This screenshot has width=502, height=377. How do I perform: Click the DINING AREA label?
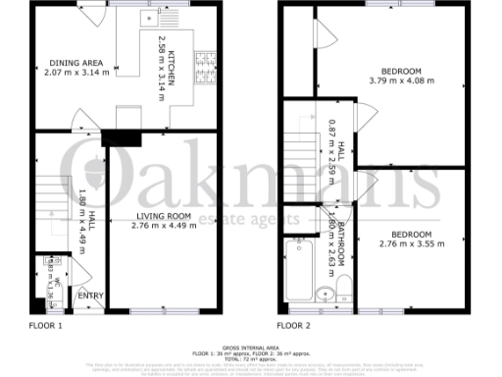coord(78,64)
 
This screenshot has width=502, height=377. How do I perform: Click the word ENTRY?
coord(90,296)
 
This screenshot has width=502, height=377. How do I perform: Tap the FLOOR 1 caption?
coord(46,325)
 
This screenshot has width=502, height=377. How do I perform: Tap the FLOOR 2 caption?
coord(293,325)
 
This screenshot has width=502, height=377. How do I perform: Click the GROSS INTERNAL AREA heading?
coord(251,349)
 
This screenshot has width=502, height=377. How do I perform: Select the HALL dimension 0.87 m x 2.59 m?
coord(331,147)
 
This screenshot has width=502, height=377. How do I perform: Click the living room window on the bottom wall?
coord(153,311)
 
